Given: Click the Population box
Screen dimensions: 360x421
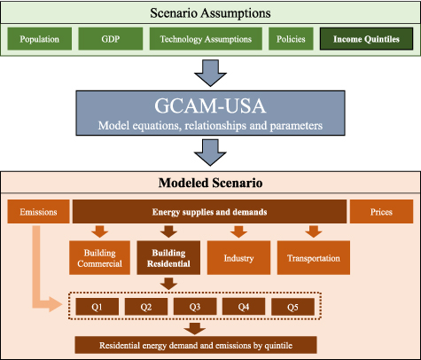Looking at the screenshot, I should pos(38,39).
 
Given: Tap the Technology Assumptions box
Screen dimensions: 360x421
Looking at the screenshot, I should pos(206,39).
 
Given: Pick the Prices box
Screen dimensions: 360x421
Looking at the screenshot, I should pos(380,212).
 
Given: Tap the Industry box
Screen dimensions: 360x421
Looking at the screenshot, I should pos(237,257).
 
